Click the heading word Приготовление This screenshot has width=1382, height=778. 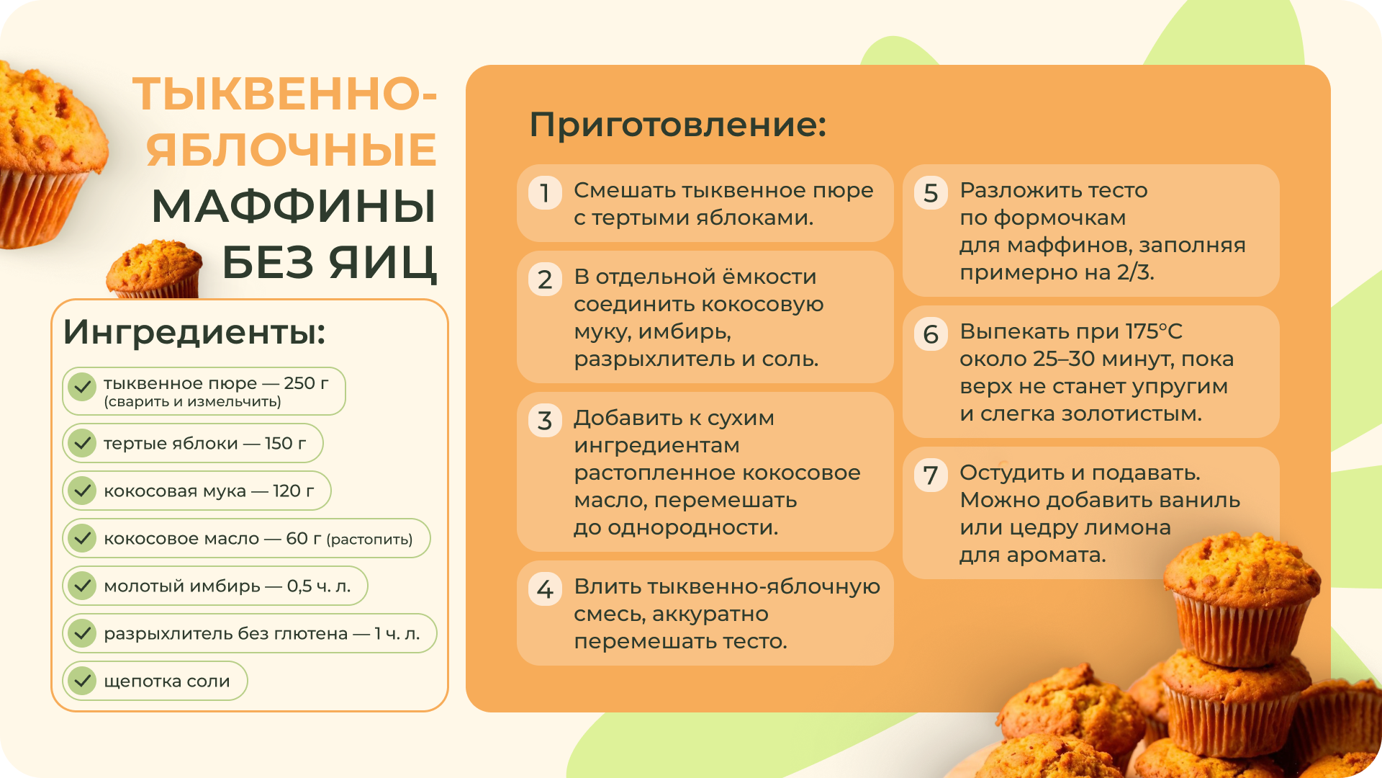click(x=677, y=125)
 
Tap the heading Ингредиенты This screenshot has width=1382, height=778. click(x=194, y=332)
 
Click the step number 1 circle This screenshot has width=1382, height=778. click(x=545, y=192)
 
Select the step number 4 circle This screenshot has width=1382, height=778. click(x=545, y=589)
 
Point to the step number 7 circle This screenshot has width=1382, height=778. click(x=931, y=475)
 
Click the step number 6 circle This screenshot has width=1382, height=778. click(x=931, y=334)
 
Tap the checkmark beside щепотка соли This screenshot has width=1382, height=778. click(x=82, y=681)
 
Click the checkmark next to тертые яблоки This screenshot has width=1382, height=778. click(x=82, y=443)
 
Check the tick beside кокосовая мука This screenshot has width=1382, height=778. click(x=82, y=491)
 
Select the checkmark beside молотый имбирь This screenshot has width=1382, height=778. click(x=82, y=586)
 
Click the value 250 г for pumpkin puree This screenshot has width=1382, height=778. click(x=306, y=383)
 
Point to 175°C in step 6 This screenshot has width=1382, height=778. click(x=1154, y=331)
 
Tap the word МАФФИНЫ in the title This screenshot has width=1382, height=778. click(x=294, y=206)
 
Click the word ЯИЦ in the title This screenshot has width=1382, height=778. click(x=383, y=262)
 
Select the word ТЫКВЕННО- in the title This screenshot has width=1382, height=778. click(x=285, y=94)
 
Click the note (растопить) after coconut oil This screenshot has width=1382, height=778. click(x=369, y=540)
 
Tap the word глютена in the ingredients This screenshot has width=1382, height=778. click(x=312, y=634)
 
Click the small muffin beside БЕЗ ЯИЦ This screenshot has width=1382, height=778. click(x=154, y=269)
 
